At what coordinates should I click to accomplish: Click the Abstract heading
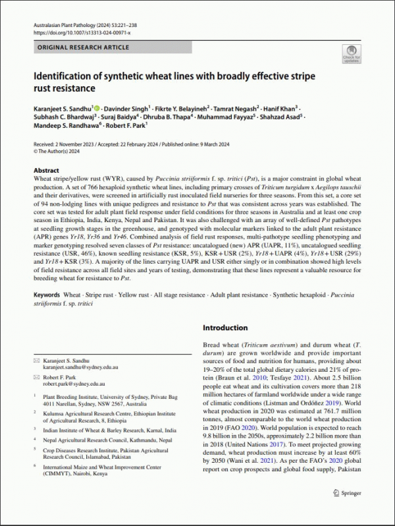46,169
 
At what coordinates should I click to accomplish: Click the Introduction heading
225,328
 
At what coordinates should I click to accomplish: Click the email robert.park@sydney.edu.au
73,383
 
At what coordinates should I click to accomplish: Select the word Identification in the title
65,76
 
